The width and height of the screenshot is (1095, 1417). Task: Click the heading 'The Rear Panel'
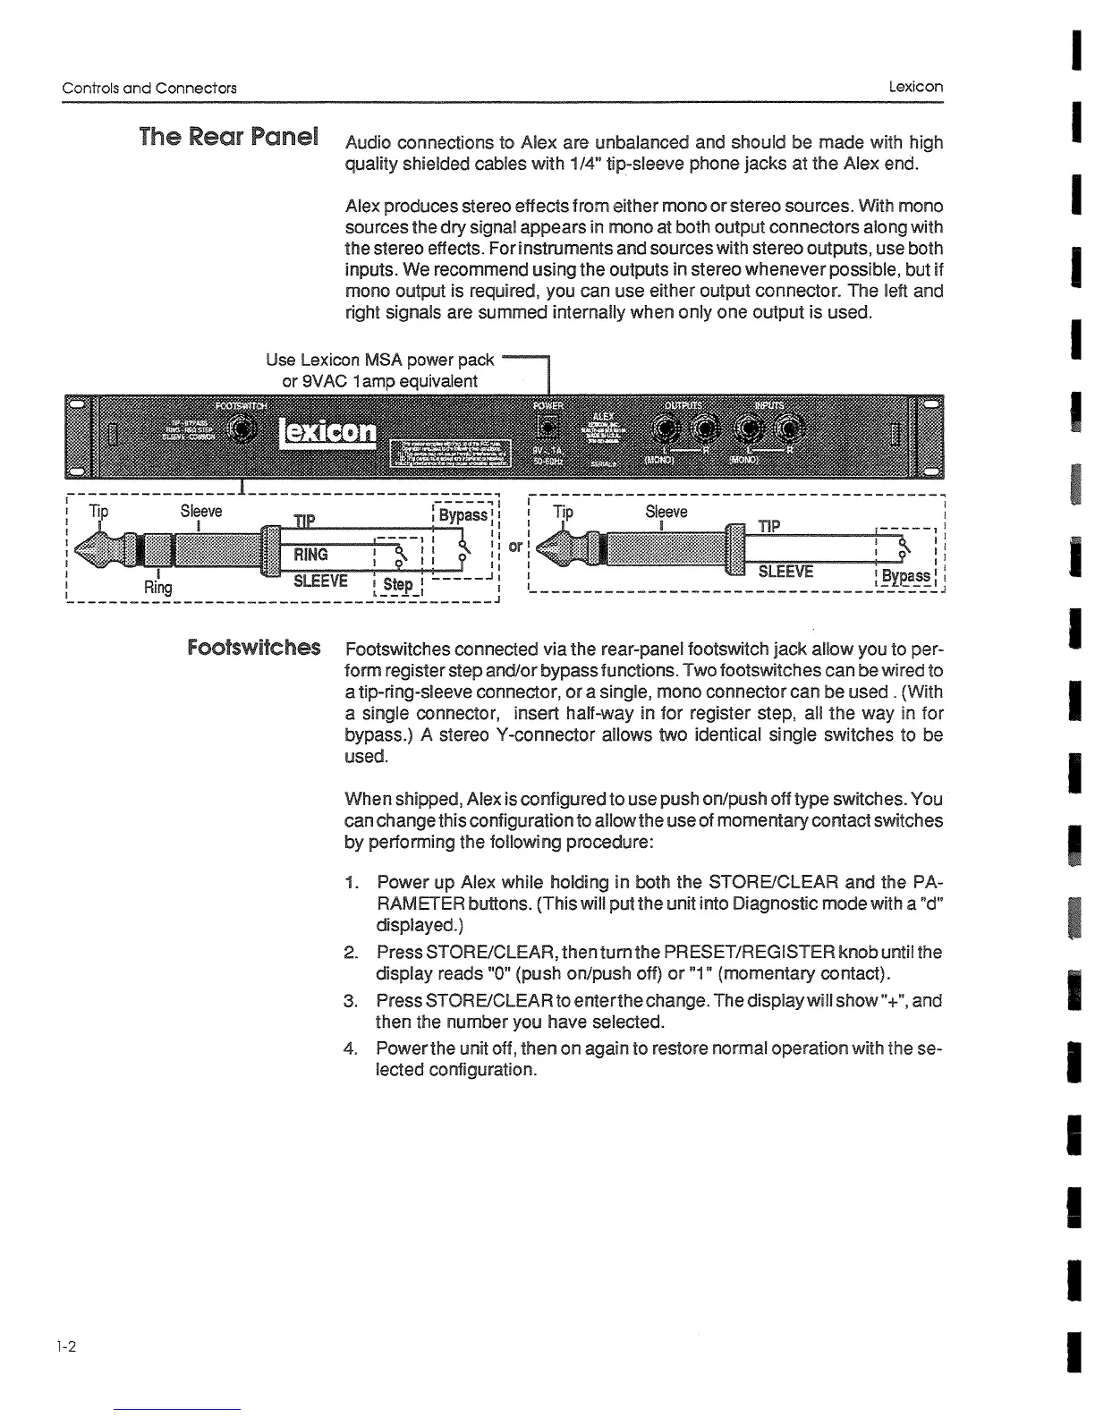[229, 138]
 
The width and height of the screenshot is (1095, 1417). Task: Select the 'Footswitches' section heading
[254, 646]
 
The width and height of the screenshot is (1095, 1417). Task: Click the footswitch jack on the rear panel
[239, 431]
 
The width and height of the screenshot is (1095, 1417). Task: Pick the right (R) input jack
[792, 430]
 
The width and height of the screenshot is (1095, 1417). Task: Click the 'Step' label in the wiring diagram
[397, 584]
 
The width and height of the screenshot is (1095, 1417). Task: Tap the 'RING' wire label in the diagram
[310, 555]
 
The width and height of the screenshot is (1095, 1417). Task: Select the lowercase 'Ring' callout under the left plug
[158, 587]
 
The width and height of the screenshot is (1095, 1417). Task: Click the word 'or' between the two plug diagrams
[515, 545]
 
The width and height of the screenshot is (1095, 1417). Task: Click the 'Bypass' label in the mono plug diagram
[904, 575]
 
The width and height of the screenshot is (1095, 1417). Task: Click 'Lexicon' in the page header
[915, 87]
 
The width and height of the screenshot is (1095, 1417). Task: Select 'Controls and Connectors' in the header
[149, 88]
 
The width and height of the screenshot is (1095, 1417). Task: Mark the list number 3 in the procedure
[351, 1000]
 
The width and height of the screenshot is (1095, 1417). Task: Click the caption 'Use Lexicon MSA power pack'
[379, 360]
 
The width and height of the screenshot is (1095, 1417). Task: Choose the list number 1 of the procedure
[351, 884]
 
